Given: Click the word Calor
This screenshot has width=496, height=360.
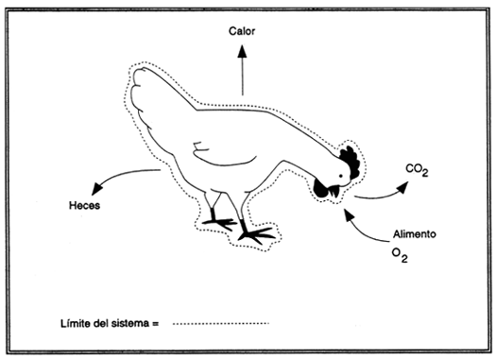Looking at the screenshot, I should [242, 31].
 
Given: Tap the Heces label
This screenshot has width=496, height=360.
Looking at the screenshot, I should [84, 205].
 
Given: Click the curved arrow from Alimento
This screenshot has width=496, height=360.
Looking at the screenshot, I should [364, 225].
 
